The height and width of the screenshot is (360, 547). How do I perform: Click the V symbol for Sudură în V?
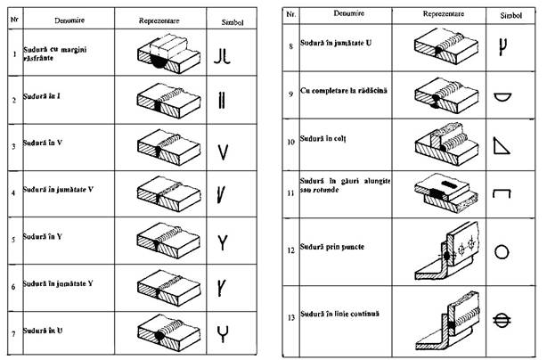pyautogui.click(x=224, y=151)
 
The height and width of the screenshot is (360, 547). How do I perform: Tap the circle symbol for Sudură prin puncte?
pyautogui.click(x=502, y=251)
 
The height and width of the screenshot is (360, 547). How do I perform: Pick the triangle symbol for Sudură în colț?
pyautogui.click(x=502, y=142)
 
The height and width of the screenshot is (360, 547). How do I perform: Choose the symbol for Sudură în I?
pyautogui.click(x=224, y=103)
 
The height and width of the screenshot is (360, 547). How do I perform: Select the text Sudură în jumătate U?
pyautogui.click(x=339, y=43)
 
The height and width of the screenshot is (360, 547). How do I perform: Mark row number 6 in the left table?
pyautogui.click(x=12, y=287)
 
